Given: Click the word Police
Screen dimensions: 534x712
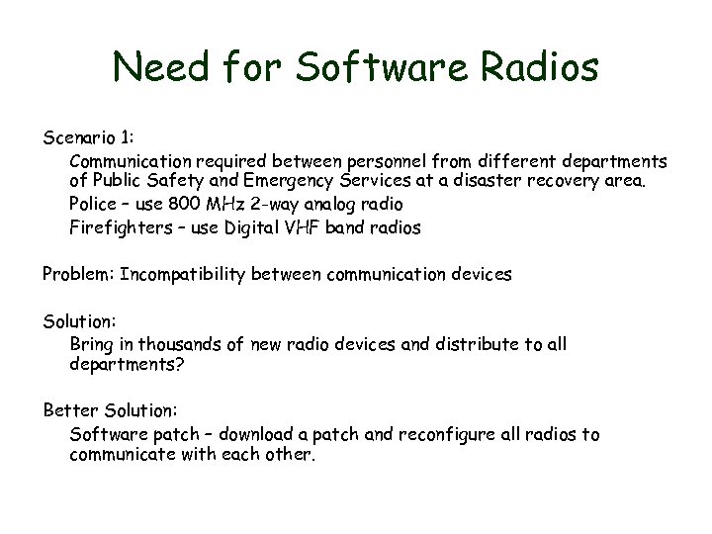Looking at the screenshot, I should (x=93, y=205).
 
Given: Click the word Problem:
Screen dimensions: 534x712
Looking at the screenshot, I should (x=78, y=274).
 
